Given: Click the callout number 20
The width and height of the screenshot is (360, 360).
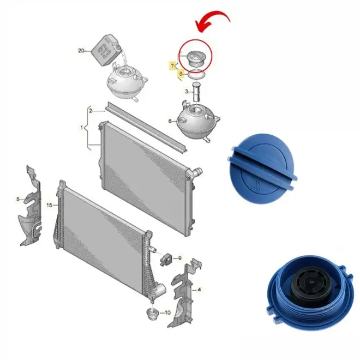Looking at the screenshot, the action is tap(81, 51).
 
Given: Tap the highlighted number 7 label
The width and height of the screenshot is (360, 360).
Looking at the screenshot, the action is tap(173, 66).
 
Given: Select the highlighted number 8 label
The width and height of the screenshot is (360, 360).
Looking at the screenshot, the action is tap(181, 74).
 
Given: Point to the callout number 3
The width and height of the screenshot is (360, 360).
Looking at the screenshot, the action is tap(187, 92).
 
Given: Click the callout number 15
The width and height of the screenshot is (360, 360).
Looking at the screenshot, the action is tap(49, 205).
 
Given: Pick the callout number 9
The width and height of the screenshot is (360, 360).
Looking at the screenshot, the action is tap(180, 259).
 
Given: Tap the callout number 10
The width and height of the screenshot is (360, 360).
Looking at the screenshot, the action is tap(167, 313).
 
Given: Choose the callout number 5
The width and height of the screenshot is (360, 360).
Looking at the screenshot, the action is tap(18, 199).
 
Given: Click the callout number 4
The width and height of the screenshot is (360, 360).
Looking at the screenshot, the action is tap(199, 290).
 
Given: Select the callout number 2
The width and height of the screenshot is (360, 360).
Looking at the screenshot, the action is tap(91, 111).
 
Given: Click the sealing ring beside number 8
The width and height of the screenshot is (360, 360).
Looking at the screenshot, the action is tap(196, 74).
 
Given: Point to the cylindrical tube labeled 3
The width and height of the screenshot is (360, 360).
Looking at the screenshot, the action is tap(196, 92).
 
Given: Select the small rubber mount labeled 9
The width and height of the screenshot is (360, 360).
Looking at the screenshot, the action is tap(166, 259).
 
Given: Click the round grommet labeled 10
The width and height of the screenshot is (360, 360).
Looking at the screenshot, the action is tap(152, 314).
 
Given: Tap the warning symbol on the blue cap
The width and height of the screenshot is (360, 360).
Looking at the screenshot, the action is tap(256, 185).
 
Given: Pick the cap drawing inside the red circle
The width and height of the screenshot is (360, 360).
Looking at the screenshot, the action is tap(196, 58).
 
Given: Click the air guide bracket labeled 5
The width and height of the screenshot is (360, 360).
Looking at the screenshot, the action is tap(30, 206).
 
